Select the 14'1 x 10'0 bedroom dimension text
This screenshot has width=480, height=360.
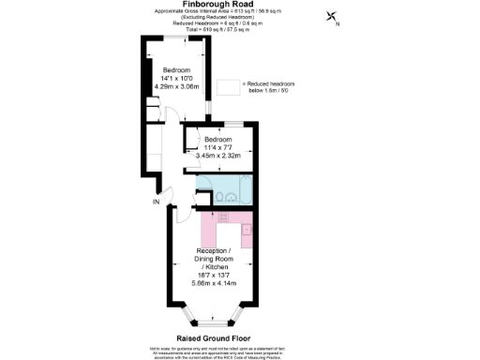pos(177,79)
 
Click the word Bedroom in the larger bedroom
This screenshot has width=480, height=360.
pos(177,70)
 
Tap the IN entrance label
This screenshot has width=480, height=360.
pos(157,201)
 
